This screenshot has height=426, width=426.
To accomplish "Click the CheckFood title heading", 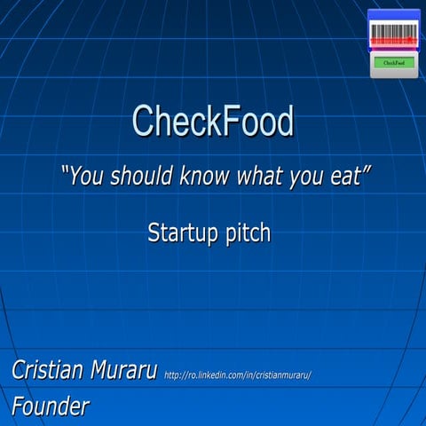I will (213, 121).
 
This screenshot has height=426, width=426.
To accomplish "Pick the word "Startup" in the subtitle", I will (177, 233).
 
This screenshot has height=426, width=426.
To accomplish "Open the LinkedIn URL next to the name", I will (237, 375).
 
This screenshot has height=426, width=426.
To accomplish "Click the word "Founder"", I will (50, 406).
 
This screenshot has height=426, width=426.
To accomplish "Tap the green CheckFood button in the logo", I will (393, 63).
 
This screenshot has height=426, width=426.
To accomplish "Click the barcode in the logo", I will (393, 33).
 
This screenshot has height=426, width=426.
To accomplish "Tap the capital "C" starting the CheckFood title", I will (142, 121).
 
